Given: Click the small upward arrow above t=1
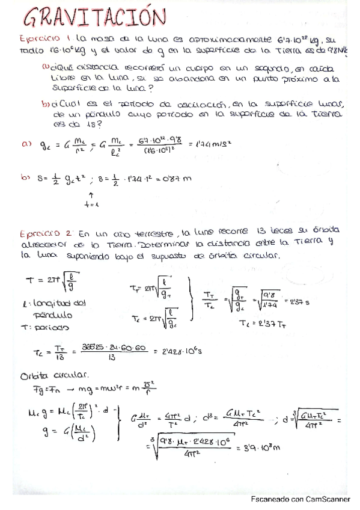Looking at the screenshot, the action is [x=91, y=196].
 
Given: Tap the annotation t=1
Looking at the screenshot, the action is [x=91, y=206].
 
